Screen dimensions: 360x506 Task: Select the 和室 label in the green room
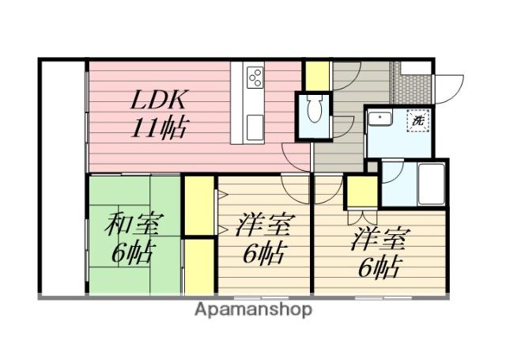click(133, 225)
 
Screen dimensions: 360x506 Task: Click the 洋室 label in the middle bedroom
click(262, 225)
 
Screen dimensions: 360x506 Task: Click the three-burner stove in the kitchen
click(255, 77)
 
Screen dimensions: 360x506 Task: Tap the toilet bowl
click(312, 111)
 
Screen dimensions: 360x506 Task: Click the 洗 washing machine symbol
click(417, 123)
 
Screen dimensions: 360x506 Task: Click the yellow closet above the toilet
click(317, 74)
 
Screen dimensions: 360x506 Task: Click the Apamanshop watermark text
click(253, 309)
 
